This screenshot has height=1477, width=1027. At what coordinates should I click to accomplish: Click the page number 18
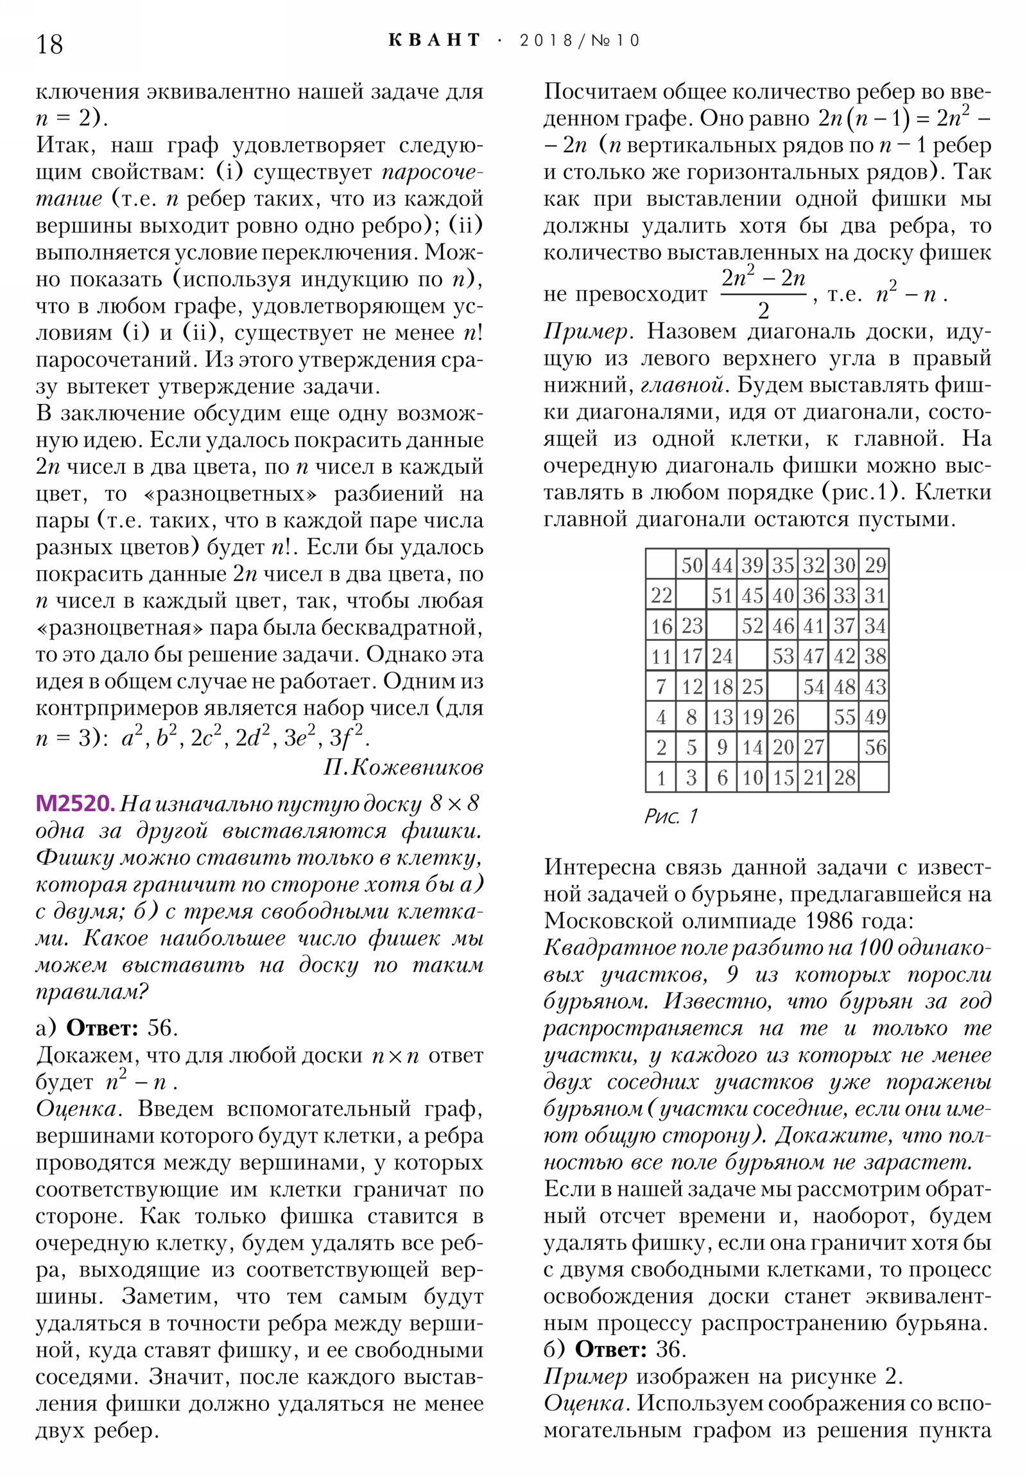click(x=49, y=44)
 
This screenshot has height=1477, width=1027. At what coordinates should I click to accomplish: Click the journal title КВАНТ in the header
click(x=435, y=40)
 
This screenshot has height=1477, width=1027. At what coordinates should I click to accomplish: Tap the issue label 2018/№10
click(x=580, y=40)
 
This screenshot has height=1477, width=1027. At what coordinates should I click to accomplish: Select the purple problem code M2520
click(x=75, y=803)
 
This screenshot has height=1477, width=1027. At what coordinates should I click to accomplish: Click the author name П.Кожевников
click(x=403, y=767)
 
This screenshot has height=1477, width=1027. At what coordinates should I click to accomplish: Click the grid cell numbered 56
click(x=875, y=747)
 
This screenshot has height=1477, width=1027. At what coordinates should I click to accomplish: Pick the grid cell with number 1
click(x=661, y=778)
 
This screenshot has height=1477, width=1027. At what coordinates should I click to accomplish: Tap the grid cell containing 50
click(x=691, y=565)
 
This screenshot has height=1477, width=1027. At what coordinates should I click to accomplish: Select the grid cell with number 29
click(x=875, y=565)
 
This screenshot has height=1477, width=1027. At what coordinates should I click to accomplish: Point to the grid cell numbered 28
click(x=843, y=778)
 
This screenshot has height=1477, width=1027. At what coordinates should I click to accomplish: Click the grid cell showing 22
click(x=661, y=595)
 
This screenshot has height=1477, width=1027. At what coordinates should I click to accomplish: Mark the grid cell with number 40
click(x=782, y=595)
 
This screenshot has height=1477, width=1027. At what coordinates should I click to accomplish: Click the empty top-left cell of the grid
click(x=661, y=565)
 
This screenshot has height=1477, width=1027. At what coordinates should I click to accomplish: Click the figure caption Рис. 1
click(x=670, y=816)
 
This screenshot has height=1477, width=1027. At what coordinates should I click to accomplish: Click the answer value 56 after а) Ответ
click(x=161, y=1028)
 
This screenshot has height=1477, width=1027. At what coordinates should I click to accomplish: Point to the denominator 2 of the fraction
click(x=763, y=311)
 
